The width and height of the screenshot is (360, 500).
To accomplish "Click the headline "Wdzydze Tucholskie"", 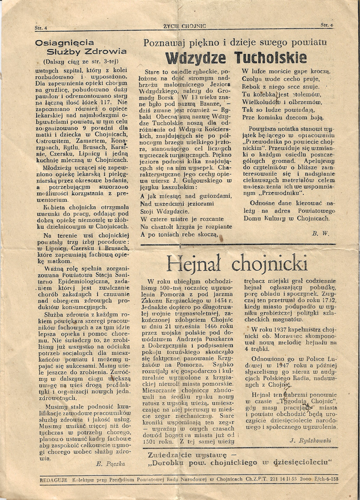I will (236, 58).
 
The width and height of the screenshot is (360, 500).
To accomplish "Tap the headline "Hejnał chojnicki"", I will (237, 262).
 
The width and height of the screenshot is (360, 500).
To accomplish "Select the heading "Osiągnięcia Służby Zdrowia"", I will (80, 47).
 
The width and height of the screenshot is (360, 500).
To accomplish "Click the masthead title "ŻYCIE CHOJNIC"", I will (184, 26).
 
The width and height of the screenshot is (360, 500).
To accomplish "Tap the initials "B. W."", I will (321, 234).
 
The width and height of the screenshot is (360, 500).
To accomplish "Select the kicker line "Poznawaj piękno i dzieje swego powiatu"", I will (234, 43).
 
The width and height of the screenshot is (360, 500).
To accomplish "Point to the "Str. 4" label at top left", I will (41, 27).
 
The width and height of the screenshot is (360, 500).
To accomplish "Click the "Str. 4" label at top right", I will (326, 25).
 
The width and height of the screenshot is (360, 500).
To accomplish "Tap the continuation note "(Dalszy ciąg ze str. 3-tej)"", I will (80, 63).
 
